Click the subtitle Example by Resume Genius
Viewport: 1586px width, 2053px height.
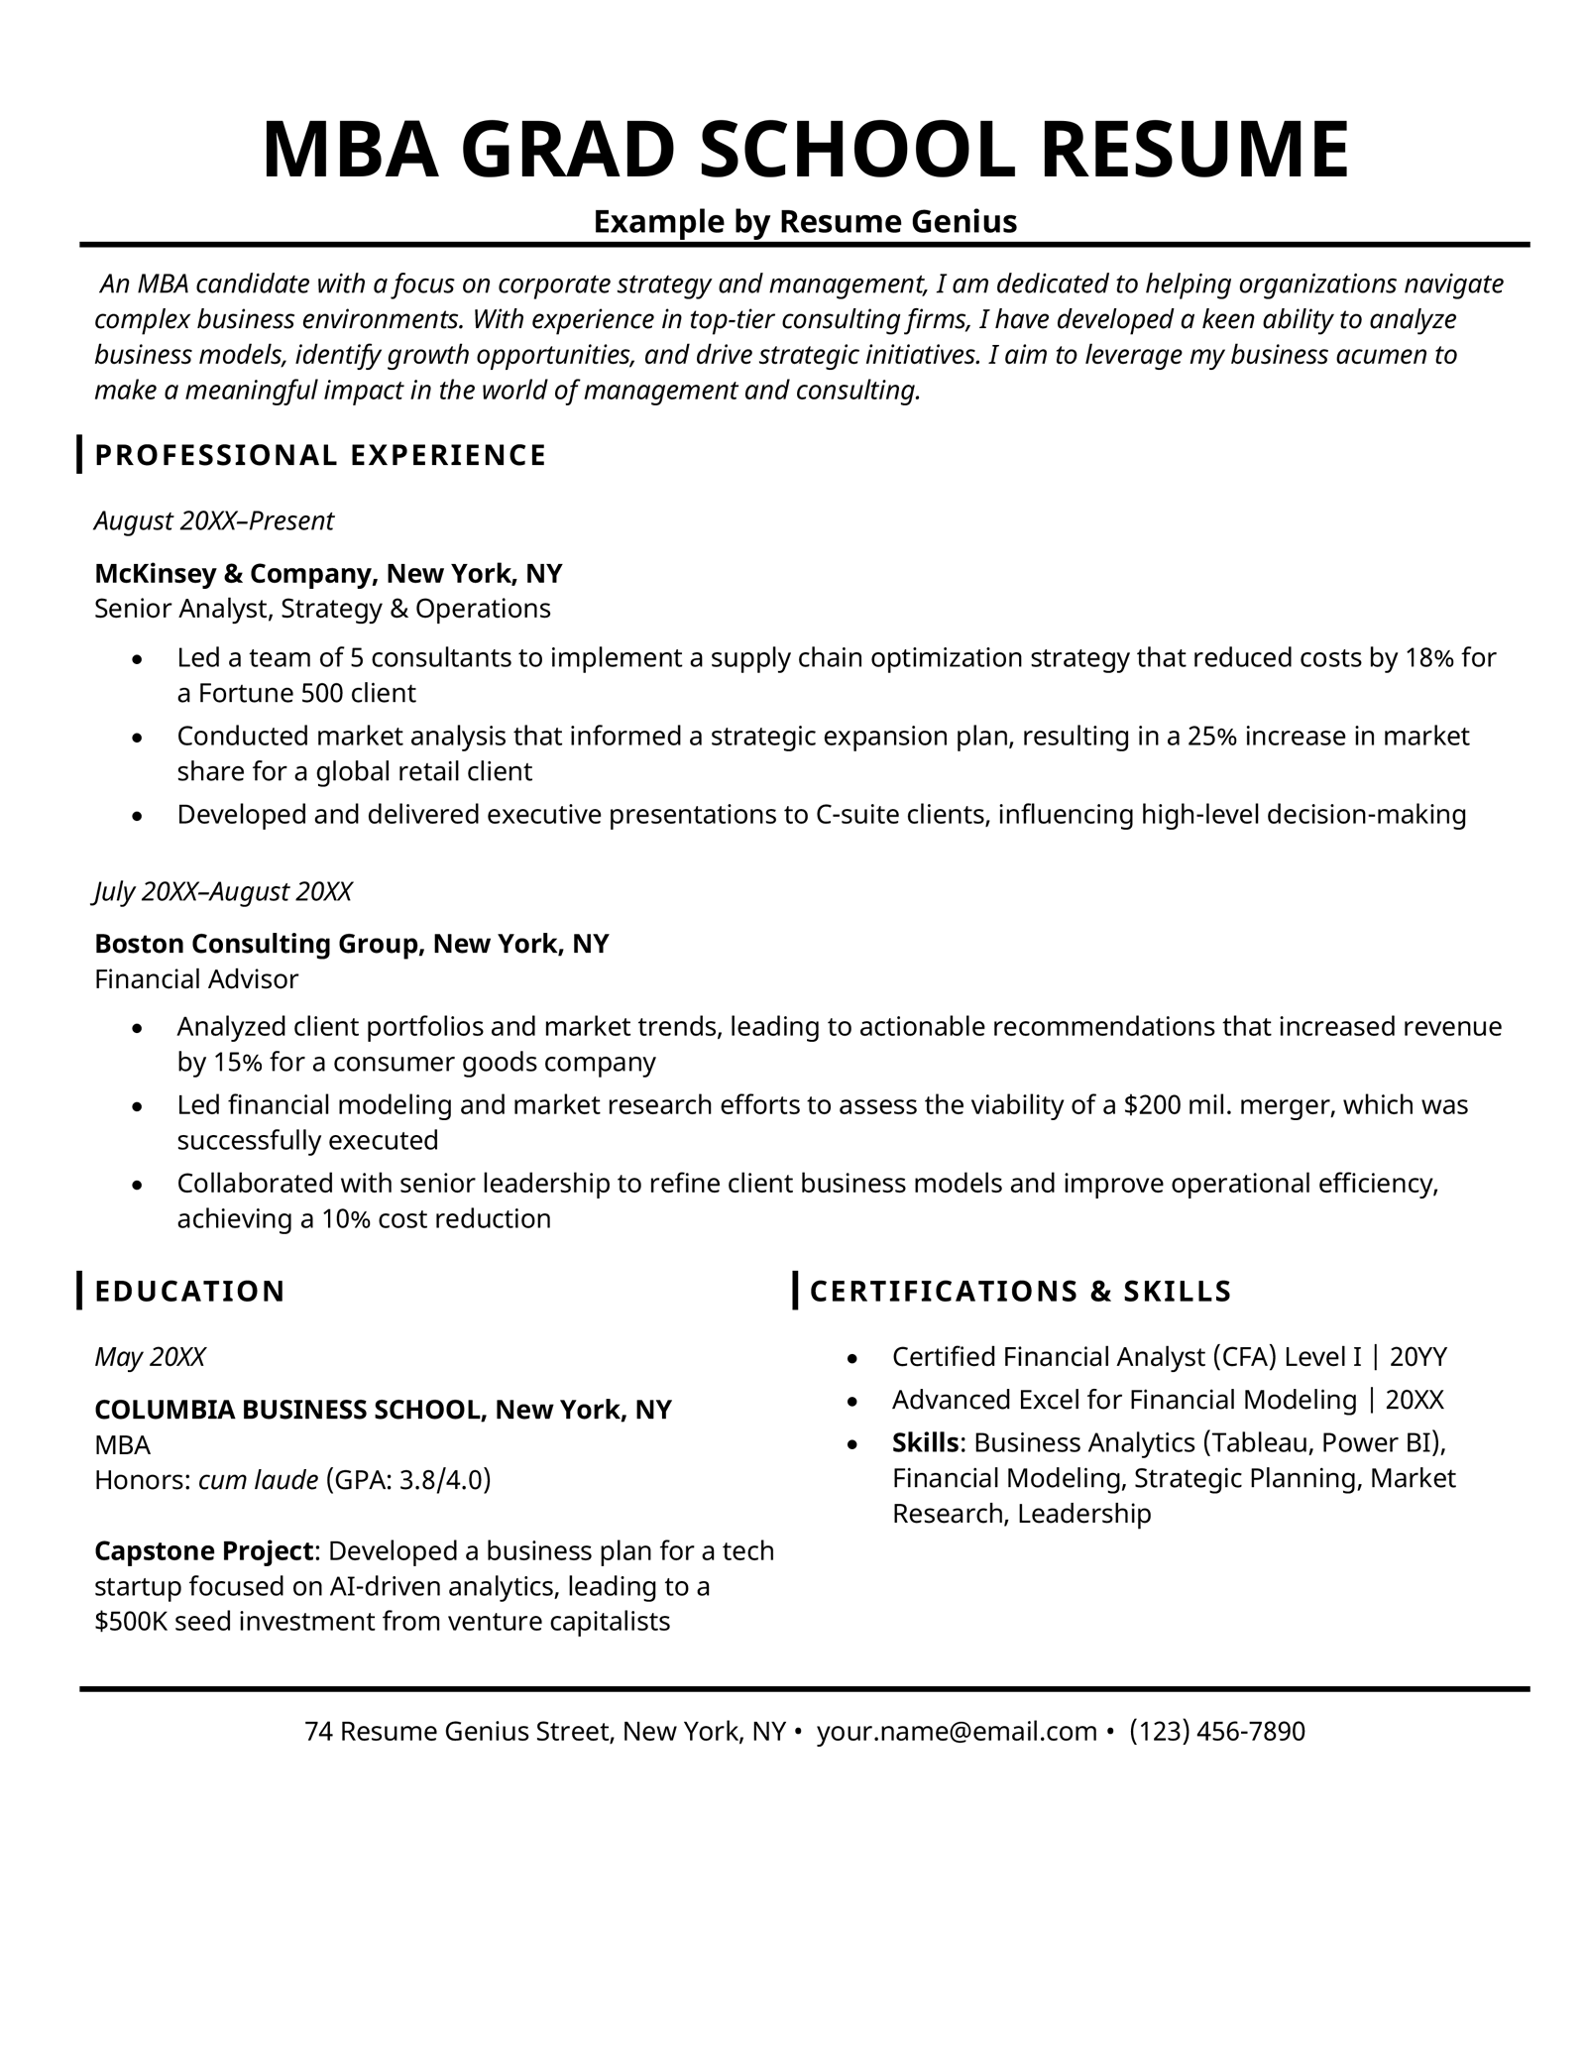[805, 221]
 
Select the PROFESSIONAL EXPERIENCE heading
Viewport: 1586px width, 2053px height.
[320, 455]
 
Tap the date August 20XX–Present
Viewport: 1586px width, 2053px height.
[214, 520]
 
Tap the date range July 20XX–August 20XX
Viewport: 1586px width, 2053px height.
[223, 891]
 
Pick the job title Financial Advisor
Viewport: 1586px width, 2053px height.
[196, 979]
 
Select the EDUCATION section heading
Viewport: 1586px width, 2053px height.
[189, 1291]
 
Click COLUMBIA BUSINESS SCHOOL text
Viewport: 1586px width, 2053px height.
[288, 1409]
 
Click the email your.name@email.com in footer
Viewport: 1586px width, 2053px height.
[957, 1731]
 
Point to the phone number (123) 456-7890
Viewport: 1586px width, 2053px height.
[1217, 1731]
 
